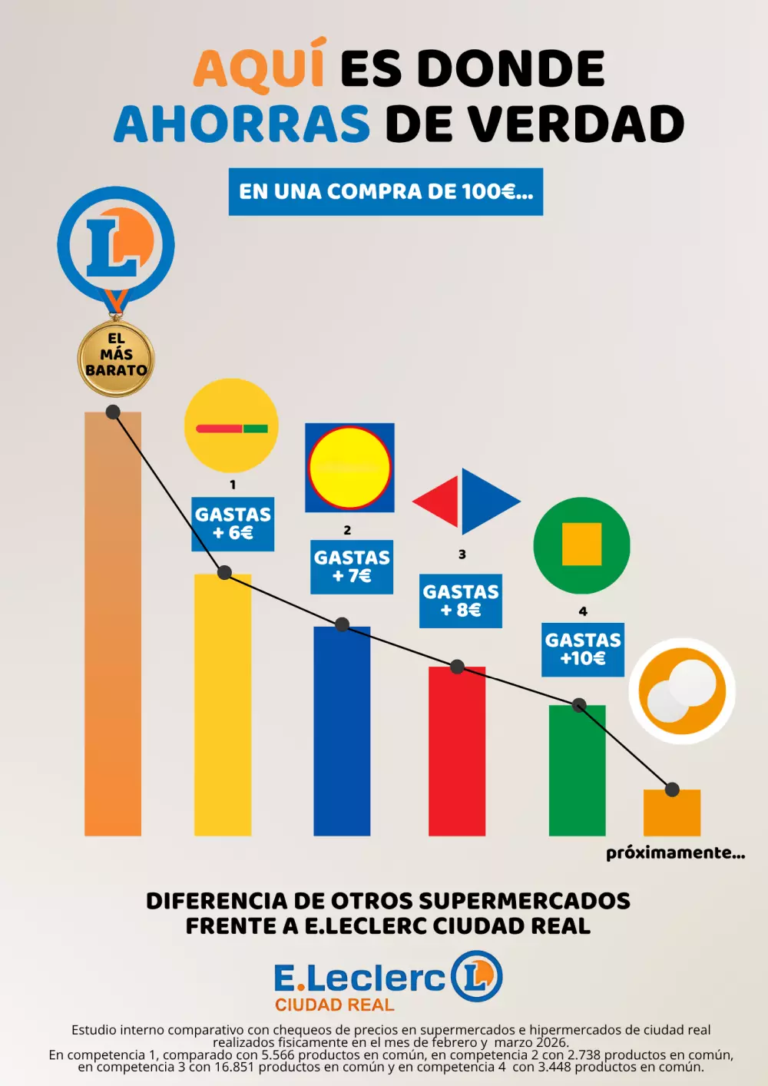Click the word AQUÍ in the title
[x=259, y=68]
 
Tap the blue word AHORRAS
[x=242, y=124]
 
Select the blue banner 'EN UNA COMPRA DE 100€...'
[x=386, y=191]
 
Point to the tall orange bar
[x=113, y=630]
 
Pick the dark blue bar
[x=342, y=733]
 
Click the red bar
[x=457, y=753]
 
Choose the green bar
[x=578, y=772]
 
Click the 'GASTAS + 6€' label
[x=233, y=524]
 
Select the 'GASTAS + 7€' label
[x=352, y=567]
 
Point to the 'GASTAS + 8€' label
[x=461, y=601]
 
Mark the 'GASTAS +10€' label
[x=583, y=649]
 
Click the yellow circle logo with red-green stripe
[x=231, y=425]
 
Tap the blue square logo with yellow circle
[x=349, y=467]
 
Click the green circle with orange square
[x=581, y=545]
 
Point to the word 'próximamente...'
[x=675, y=853]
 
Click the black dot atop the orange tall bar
[x=113, y=412]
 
